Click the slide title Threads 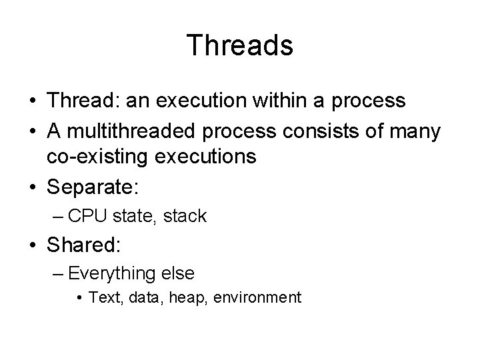coord(239,46)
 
